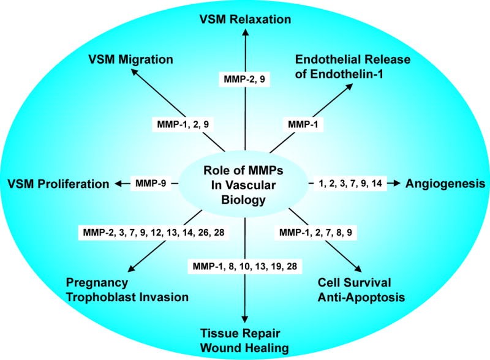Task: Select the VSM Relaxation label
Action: [x=245, y=19]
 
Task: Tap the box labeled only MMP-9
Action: [x=151, y=183]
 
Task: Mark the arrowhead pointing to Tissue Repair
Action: [x=245, y=317]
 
